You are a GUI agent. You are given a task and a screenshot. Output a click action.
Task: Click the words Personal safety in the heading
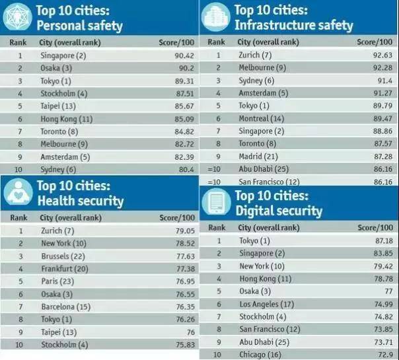point(80,26)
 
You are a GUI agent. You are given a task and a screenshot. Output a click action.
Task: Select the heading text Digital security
point(279,211)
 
